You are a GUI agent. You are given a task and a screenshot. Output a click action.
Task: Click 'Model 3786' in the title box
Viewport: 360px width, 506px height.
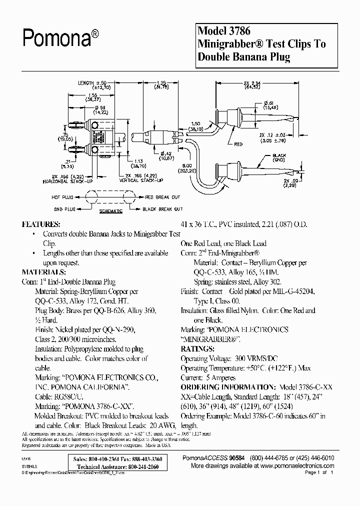pyautogui.click(x=222, y=31)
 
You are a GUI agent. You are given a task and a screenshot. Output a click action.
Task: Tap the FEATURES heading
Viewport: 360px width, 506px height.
pyautogui.click(x=41, y=224)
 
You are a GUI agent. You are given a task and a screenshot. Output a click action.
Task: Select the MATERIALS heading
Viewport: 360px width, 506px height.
pyautogui.click(x=44, y=272)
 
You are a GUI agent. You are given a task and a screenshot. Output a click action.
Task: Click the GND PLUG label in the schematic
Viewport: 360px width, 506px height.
pyautogui.click(x=65, y=209)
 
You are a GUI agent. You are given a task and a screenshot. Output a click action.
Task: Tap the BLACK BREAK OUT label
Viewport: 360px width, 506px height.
pyautogui.click(x=162, y=209)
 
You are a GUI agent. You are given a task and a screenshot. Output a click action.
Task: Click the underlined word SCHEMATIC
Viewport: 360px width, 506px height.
pyautogui.click(x=110, y=211)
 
